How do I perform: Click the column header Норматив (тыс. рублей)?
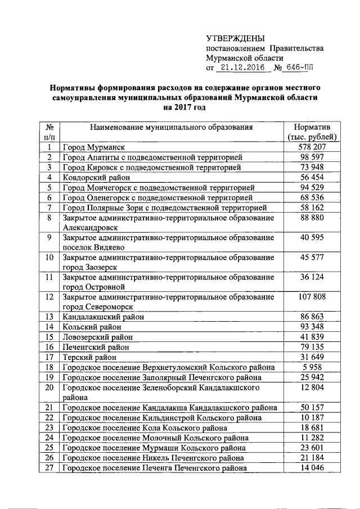tap(312, 132)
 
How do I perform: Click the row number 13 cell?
tap(49, 317)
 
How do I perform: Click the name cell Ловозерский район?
tap(98, 337)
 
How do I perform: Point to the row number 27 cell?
tap(49, 468)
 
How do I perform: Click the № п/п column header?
tap(49, 132)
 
